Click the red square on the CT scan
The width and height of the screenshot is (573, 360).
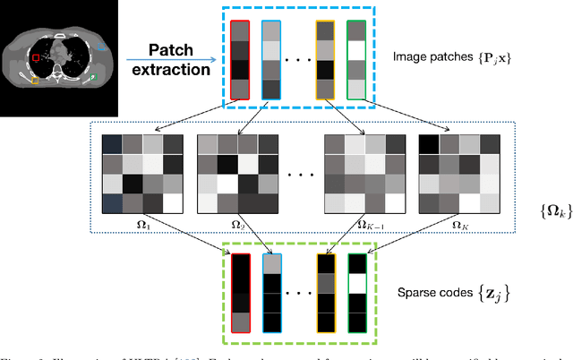click(36, 58)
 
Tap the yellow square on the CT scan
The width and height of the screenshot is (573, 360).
click(36, 81)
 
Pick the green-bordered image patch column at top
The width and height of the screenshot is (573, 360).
click(357, 59)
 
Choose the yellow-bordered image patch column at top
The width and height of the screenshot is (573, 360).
click(324, 59)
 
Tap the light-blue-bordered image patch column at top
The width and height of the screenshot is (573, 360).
click(269, 59)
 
